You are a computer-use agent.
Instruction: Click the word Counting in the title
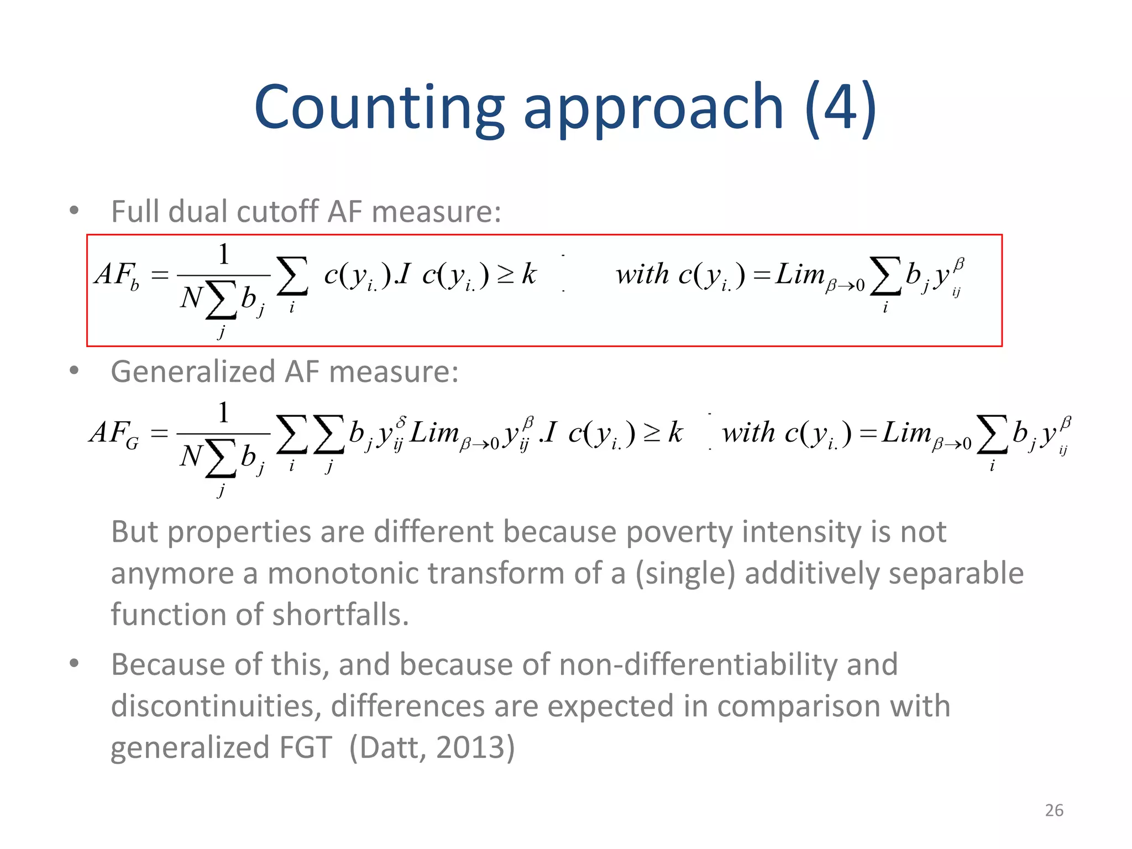click(379, 107)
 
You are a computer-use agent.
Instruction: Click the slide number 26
click(1054, 810)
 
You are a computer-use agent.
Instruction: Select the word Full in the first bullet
click(135, 212)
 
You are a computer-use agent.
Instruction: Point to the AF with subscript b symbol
click(117, 275)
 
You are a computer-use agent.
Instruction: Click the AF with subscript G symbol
click(114, 433)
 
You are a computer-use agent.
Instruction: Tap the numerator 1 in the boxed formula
click(223, 254)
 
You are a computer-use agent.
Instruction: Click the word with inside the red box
click(642, 275)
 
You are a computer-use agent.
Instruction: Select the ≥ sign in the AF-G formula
click(652, 433)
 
